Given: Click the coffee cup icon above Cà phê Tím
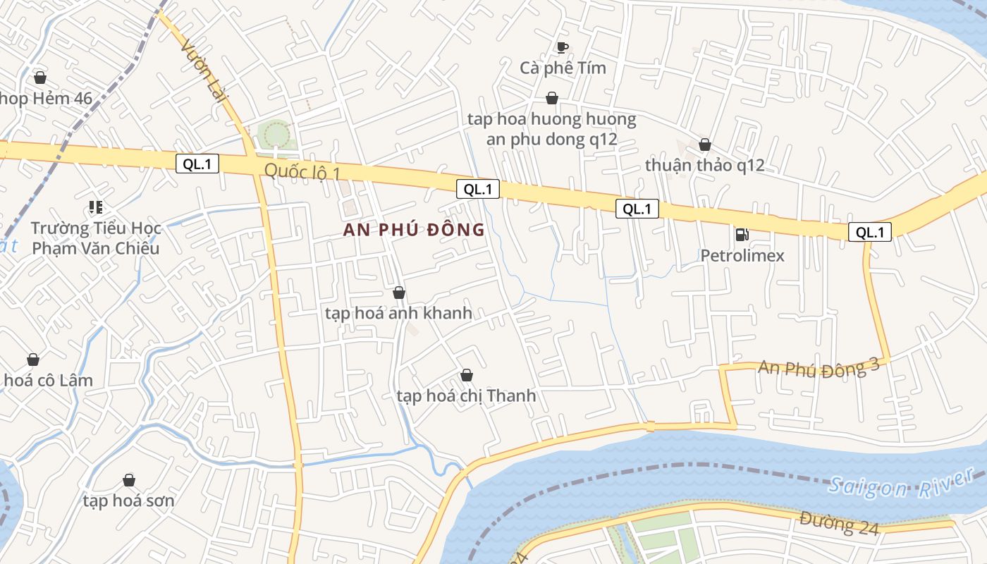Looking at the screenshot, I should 562,47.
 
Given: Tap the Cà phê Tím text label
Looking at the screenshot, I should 563,68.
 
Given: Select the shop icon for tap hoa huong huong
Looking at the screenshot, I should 551,98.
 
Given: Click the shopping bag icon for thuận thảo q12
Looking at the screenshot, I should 704,145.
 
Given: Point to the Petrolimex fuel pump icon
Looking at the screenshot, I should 742,234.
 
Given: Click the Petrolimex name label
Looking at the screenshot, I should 742,255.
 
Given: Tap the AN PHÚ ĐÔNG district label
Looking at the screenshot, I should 414,230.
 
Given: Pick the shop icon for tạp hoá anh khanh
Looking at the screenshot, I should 398,293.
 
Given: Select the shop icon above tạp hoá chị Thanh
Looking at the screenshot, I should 466,375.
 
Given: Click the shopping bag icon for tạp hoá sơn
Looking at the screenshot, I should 128,480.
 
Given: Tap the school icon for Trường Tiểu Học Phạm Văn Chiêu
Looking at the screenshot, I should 95,207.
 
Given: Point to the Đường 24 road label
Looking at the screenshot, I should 839,523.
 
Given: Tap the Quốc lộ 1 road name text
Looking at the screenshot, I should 302,171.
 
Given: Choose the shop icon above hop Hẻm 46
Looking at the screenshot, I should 40,77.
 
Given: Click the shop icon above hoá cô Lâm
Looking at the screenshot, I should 32,360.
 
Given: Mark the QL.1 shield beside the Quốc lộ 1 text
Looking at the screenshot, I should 197,164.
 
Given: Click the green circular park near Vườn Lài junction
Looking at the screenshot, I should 274,133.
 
